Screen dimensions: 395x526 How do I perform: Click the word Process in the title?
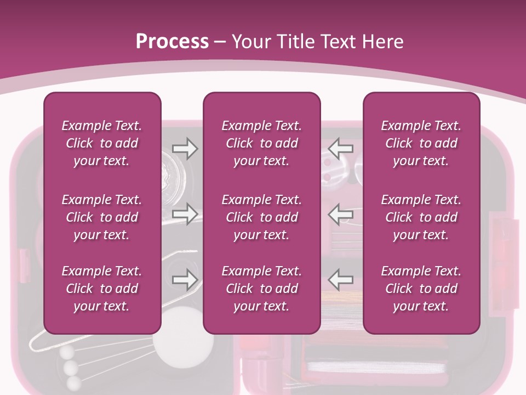[x=172, y=42]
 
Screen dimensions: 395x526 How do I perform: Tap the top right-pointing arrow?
[x=185, y=149]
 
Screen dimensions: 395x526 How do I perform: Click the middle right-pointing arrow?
[x=185, y=214]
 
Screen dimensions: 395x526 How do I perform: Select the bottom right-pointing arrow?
[x=185, y=279]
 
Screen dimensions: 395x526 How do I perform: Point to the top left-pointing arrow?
[x=341, y=149]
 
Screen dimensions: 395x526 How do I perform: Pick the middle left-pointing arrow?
[x=341, y=214]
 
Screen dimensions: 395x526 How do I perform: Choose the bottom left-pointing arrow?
[x=341, y=279]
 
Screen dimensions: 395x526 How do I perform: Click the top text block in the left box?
[x=102, y=143]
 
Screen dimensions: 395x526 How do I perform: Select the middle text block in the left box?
[x=102, y=217]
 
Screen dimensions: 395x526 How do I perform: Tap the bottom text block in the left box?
[x=102, y=289]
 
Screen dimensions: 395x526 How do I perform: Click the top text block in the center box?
[x=262, y=143]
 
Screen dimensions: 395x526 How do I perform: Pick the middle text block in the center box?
[x=262, y=217]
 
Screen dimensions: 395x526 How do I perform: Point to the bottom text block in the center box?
[x=262, y=289]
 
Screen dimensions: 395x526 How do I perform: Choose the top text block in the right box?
[x=421, y=143]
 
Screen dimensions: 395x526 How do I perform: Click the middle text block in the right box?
[x=421, y=217]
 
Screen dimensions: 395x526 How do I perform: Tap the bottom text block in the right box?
[x=421, y=289]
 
